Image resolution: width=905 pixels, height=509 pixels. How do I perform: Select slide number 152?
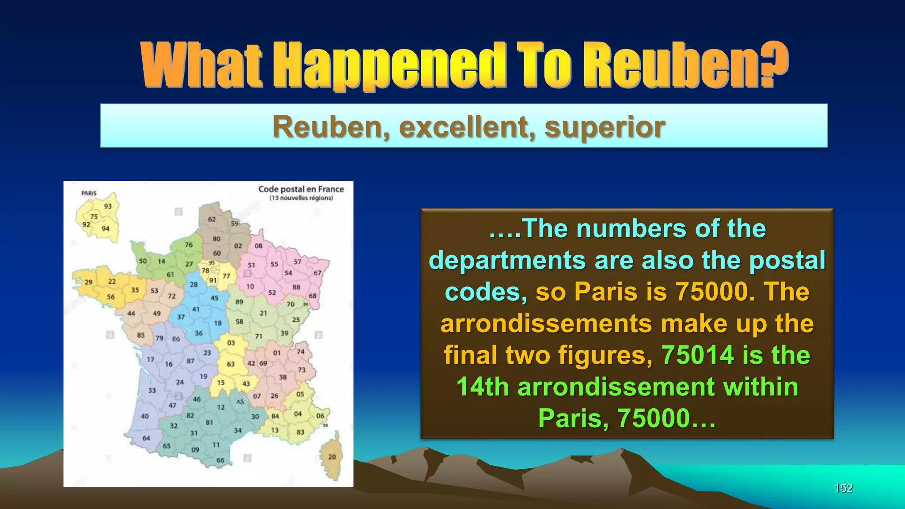click(843, 488)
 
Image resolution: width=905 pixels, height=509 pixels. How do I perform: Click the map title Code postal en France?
click(301, 189)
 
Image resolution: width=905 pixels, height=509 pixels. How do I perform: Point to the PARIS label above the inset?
click(89, 193)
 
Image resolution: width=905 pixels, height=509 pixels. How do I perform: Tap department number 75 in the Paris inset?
click(94, 217)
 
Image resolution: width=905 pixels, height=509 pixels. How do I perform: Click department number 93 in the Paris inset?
click(108, 206)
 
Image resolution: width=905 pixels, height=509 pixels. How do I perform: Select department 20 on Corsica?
click(332, 457)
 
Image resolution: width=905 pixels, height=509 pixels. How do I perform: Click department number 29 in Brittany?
click(88, 282)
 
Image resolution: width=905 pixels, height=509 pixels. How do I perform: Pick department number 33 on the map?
click(152, 391)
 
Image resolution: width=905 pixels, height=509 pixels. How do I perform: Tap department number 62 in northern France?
click(212, 219)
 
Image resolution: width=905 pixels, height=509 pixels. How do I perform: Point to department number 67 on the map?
click(317, 273)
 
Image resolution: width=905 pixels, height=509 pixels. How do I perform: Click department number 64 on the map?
click(146, 438)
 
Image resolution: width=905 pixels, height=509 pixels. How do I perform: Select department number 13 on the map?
click(275, 430)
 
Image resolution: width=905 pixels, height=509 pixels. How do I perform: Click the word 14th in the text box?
click(483, 387)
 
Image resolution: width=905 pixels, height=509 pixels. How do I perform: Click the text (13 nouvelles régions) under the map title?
click(301, 198)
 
